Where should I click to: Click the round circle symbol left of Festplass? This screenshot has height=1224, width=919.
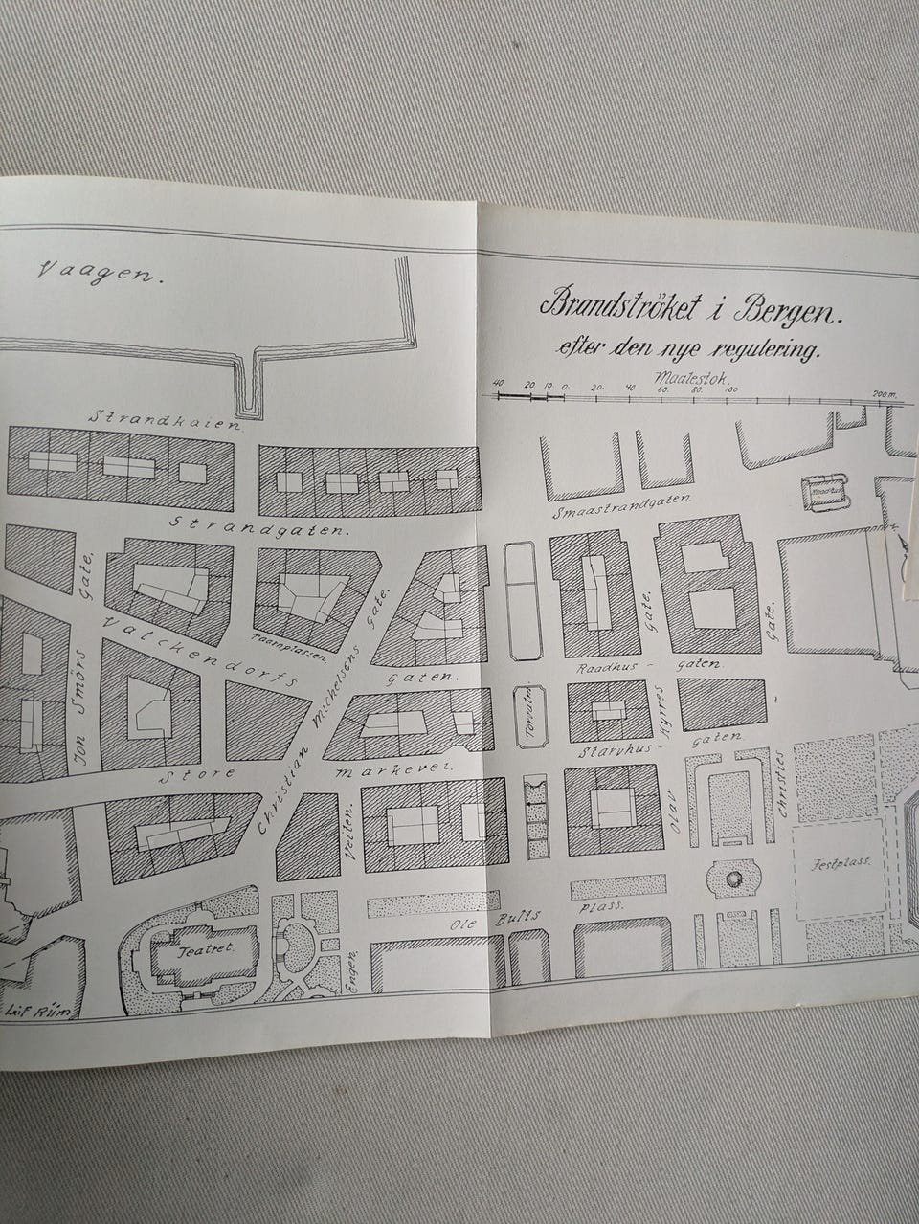734,879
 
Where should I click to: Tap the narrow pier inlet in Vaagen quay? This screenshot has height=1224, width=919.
250,387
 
